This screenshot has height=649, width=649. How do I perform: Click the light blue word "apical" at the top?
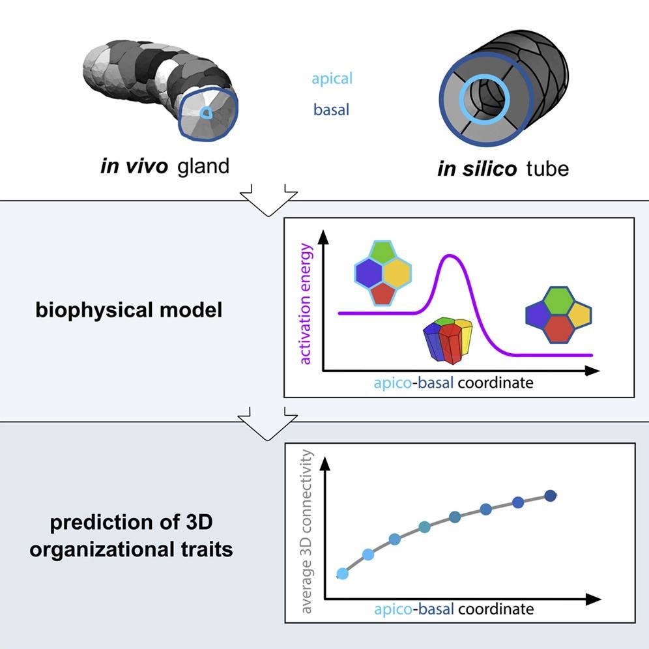pyautogui.click(x=332, y=79)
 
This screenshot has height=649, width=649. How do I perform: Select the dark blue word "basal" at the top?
pyautogui.click(x=331, y=109)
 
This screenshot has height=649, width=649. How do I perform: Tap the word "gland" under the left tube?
pyautogui.click(x=203, y=166)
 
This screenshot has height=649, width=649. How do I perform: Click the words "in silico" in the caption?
pyautogui.click(x=477, y=169)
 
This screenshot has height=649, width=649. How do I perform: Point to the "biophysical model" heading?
pyautogui.click(x=129, y=310)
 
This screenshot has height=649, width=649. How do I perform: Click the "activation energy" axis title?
pyautogui.click(x=305, y=304)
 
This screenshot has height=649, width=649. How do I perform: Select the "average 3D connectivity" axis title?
pyautogui.click(x=306, y=532)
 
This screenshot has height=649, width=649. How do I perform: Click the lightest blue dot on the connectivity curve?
pyautogui.click(x=342, y=573)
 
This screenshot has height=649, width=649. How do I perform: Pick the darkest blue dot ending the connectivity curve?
pyautogui.click(x=551, y=495)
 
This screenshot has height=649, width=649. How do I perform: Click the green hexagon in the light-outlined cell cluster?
pyautogui.click(x=383, y=250)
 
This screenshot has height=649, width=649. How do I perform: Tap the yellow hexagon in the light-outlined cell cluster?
pyautogui.click(x=397, y=272)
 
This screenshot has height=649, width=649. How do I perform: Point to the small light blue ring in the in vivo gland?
pyautogui.click(x=205, y=113)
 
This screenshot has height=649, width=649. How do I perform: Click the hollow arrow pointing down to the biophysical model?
pyautogui.click(x=268, y=200)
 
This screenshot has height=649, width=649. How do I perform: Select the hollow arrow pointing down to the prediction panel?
pyautogui.click(x=267, y=424)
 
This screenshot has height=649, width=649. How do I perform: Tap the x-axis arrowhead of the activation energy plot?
pyautogui.click(x=593, y=371)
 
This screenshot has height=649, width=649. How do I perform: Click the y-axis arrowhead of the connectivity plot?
pyautogui.click(x=326, y=463)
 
